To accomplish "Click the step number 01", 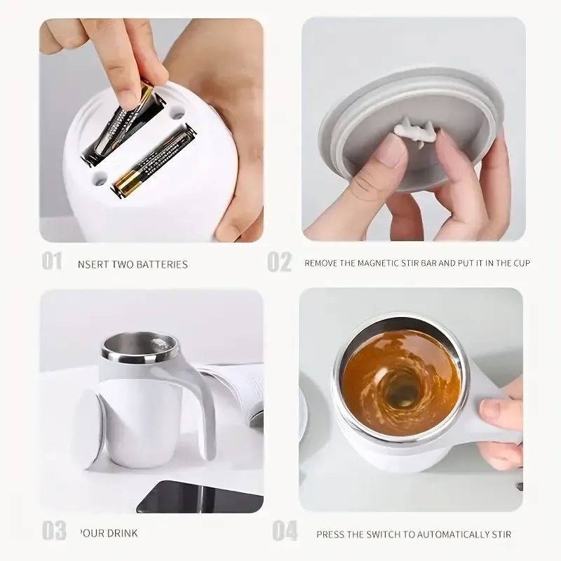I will click(x=52, y=262).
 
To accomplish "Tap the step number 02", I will click(x=279, y=262).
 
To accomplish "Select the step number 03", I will click(x=53, y=530).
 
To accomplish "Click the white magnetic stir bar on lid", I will click(x=410, y=130).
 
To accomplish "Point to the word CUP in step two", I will click(x=520, y=264).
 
